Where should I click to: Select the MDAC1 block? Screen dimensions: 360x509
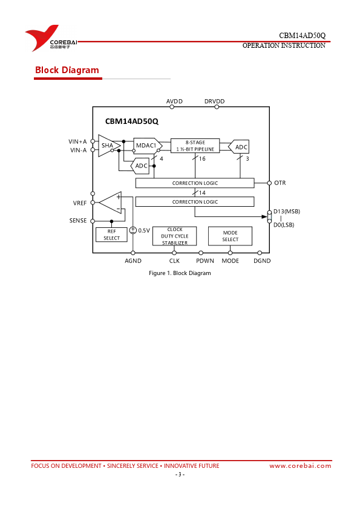tap(148, 146)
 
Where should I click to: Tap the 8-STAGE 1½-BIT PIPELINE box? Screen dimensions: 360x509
tap(195, 146)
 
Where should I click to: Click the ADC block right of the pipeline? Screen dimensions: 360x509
tap(239, 147)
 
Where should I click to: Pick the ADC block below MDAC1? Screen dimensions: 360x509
tap(140, 166)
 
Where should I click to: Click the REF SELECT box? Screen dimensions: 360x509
tap(111, 235)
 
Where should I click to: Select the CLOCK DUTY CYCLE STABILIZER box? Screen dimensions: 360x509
tap(175, 236)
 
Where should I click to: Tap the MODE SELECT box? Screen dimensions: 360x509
tap(230, 236)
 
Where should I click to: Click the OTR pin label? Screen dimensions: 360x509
tap(280, 183)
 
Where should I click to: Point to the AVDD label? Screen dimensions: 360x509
tap(174, 102)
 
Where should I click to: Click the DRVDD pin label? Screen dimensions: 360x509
tap(214, 102)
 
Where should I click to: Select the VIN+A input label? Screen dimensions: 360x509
tap(77, 141)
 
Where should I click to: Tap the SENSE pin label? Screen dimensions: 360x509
tap(78, 221)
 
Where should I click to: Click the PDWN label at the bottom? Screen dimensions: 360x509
tap(205, 261)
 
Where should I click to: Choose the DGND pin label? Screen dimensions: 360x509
tap(262, 261)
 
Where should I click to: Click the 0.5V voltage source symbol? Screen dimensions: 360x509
tap(133, 230)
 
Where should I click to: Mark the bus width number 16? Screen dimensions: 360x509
tap(202, 159)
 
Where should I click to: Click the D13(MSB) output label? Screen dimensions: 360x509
tap(287, 212)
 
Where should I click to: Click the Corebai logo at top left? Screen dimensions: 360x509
tap(51, 38)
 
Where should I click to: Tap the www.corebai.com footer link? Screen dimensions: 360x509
tap(300, 466)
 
